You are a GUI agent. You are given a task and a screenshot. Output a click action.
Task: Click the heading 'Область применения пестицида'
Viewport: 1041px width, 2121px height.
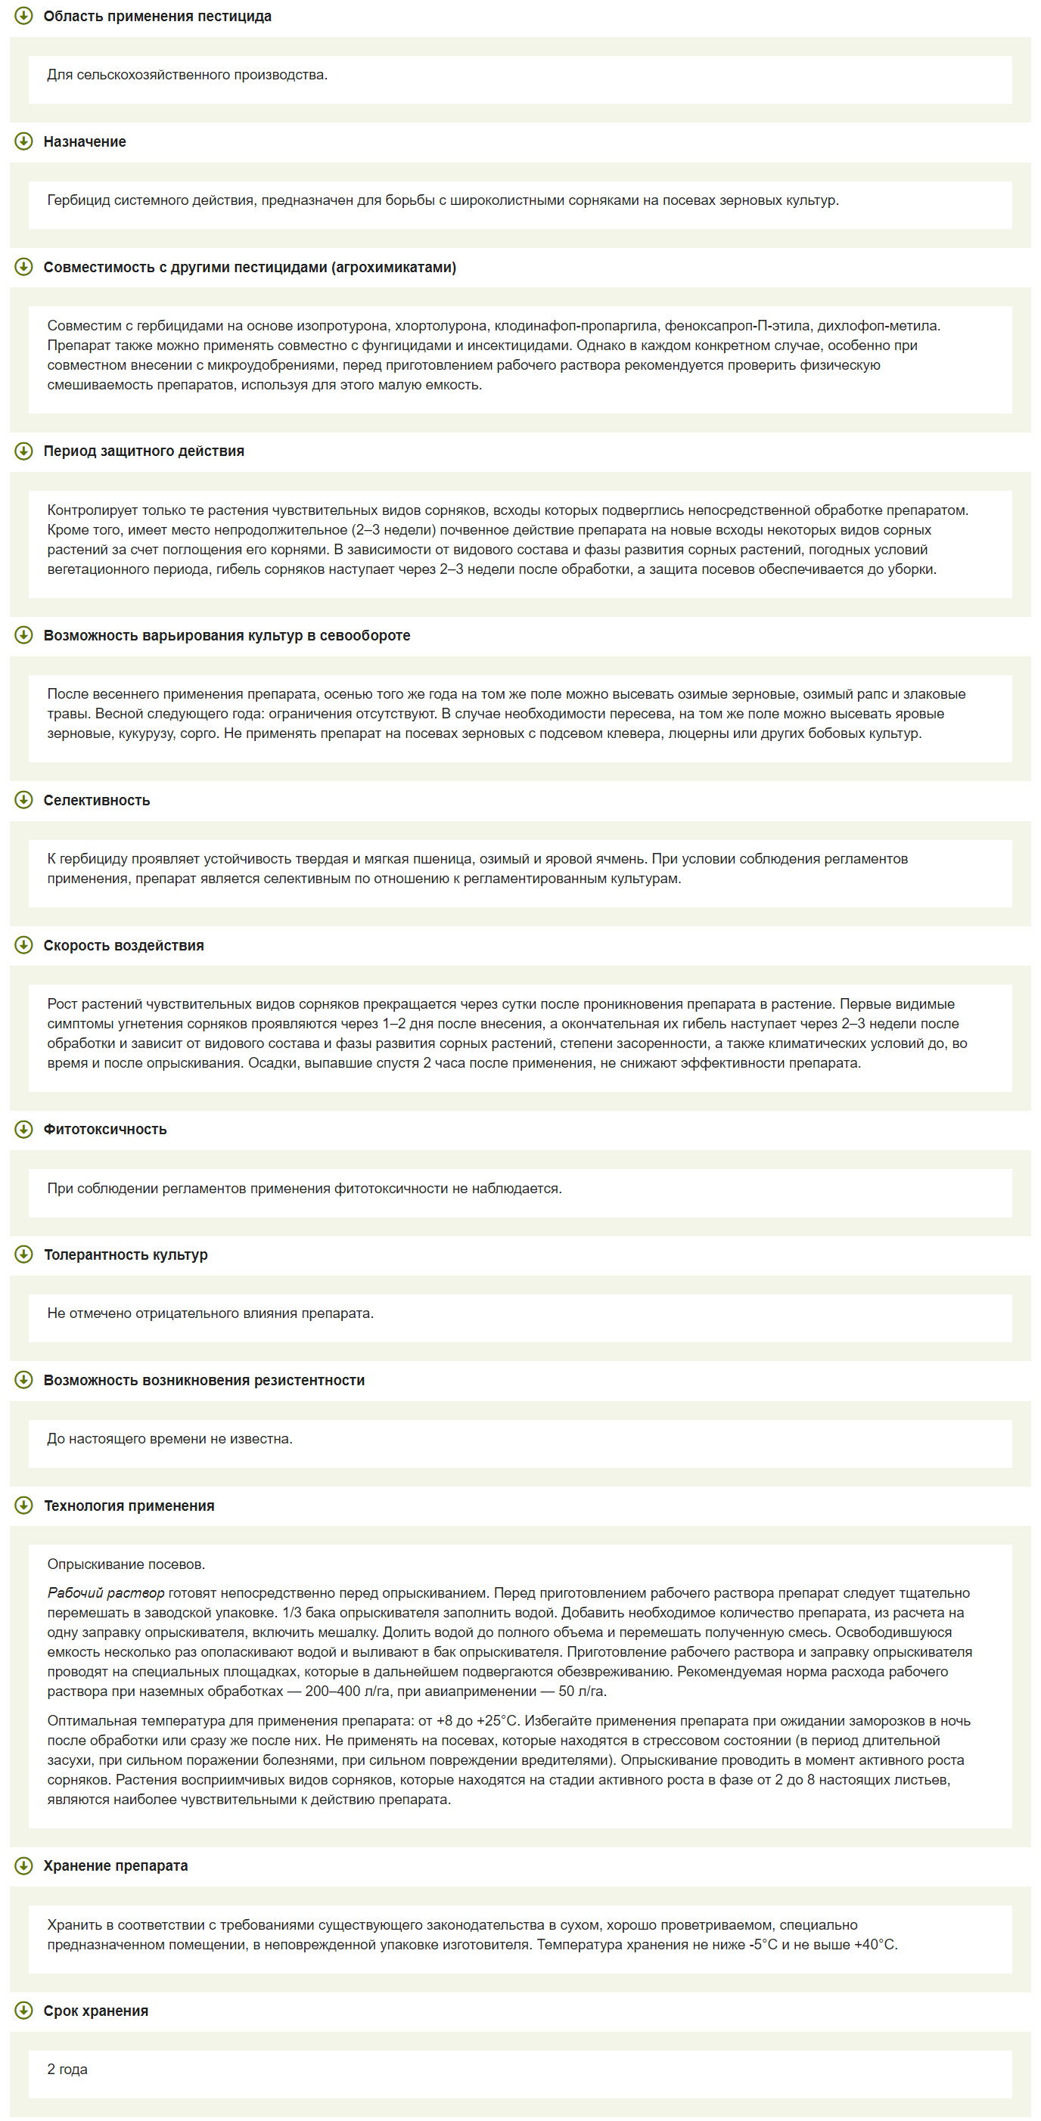pyautogui.click(x=157, y=17)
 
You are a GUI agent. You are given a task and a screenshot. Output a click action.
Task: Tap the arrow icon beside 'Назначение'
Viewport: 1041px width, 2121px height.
pyautogui.click(x=24, y=141)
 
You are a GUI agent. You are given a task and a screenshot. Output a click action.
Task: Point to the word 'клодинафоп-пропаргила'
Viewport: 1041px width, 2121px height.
pyautogui.click(x=576, y=326)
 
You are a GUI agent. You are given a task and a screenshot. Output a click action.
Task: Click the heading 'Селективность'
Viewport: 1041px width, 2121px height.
pyautogui.click(x=96, y=800)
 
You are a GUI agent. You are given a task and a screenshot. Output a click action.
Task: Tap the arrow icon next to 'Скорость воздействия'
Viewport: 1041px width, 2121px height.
pyautogui.click(x=24, y=945)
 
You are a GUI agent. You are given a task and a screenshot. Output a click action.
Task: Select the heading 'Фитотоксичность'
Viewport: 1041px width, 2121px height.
pyautogui.click(x=104, y=1130)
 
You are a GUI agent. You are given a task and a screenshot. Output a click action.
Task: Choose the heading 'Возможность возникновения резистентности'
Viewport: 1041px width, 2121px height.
pyautogui.click(x=204, y=1380)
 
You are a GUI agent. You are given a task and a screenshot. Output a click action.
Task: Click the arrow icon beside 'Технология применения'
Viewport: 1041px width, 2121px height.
pyautogui.click(x=24, y=1505)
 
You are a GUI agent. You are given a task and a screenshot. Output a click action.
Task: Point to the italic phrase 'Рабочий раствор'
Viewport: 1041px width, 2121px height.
pyautogui.click(x=105, y=1593)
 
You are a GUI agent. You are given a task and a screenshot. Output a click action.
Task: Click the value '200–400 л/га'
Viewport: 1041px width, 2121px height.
pyautogui.click(x=346, y=1692)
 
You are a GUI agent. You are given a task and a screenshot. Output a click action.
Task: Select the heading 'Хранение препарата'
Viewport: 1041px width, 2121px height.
pyautogui.click(x=115, y=1865)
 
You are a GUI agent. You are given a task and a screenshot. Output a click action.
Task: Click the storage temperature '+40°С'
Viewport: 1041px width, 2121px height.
pyautogui.click(x=875, y=1945)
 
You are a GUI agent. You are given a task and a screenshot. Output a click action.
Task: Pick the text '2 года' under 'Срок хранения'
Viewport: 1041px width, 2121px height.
pyautogui.click(x=67, y=2069)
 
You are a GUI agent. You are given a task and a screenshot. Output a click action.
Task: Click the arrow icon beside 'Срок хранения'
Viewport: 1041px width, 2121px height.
pyautogui.click(x=24, y=2011)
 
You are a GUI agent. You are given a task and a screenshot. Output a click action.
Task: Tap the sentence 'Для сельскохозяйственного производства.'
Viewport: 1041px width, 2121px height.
pyautogui.click(x=187, y=75)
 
